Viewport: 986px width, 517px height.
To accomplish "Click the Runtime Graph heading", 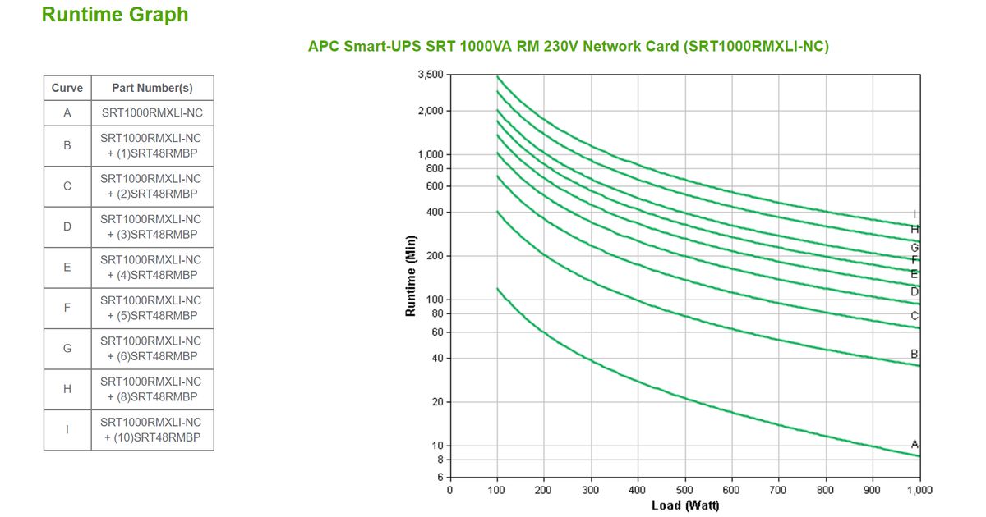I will pos(114,15).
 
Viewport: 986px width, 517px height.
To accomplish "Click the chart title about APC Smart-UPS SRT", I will pos(568,47).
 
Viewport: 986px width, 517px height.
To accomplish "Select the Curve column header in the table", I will pos(67,88).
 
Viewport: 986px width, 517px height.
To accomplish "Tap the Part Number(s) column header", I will pos(152,88).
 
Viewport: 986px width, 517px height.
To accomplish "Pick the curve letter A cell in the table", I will pos(67,112).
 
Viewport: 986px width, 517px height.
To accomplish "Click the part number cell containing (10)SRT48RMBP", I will pos(152,429).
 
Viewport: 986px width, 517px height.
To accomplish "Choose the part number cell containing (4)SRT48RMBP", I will pos(152,267).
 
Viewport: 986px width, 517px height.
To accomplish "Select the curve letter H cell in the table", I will pos(67,389).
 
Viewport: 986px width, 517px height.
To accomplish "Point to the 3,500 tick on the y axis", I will pos(431,75).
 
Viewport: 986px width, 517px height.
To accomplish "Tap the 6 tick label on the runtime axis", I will pos(440,477).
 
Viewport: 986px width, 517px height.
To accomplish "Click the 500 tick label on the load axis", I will pos(684,490).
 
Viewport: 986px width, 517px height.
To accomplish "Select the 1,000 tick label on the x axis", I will pos(919,490).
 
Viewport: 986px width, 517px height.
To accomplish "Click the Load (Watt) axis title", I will pos(684,506).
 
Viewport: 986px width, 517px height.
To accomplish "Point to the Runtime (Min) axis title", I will pos(411,276).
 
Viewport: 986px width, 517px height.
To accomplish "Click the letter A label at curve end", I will pos(915,444).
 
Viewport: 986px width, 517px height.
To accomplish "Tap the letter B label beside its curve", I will pos(915,354).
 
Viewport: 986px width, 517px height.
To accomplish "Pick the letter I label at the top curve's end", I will pos(915,214).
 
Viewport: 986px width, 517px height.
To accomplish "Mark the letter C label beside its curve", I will pos(915,316).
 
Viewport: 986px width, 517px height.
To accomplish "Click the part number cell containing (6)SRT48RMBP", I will pos(152,348).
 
